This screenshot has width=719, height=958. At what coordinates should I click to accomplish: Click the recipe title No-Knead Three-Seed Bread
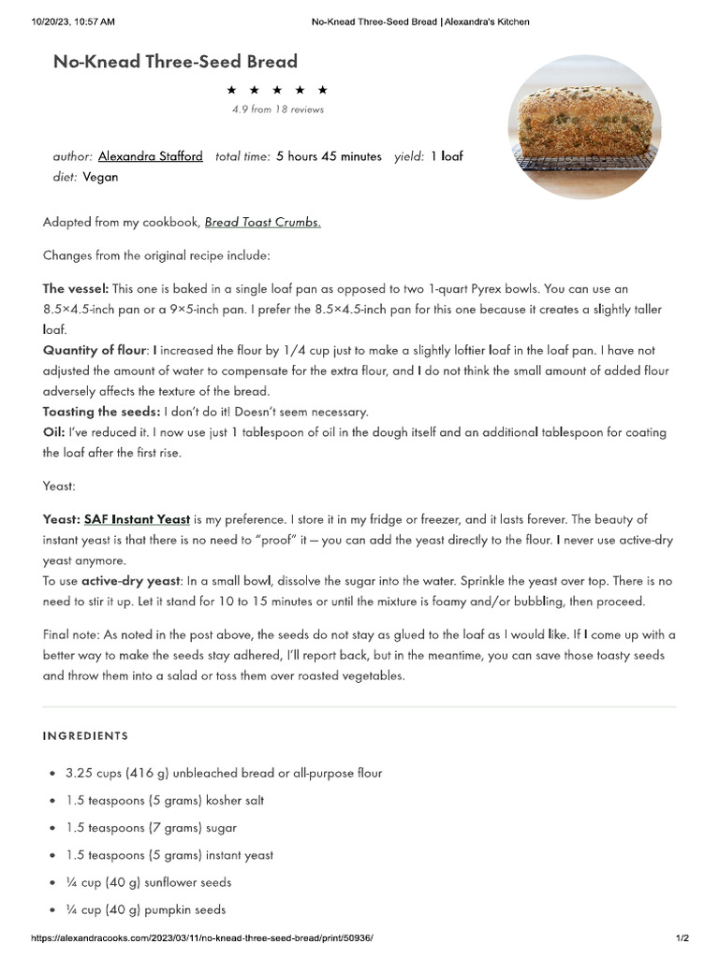click(x=175, y=62)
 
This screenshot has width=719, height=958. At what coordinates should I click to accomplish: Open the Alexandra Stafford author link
click(x=150, y=156)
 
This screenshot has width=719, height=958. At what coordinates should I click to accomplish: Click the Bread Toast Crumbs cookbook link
click(x=262, y=223)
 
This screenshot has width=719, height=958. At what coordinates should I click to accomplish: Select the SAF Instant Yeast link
click(x=137, y=518)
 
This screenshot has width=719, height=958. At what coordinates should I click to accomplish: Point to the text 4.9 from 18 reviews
click(x=278, y=109)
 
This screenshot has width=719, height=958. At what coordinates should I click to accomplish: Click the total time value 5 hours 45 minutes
click(x=329, y=156)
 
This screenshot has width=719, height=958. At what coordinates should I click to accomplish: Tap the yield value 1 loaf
click(x=447, y=156)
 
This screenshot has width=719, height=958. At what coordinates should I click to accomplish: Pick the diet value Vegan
click(x=100, y=176)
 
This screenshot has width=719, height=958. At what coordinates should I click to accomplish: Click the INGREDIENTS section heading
click(x=85, y=736)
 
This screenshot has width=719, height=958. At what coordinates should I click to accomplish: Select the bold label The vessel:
click(x=76, y=288)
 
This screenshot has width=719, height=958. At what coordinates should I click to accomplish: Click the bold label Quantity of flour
click(x=94, y=350)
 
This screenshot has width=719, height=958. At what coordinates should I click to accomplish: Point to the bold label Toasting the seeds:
click(x=101, y=412)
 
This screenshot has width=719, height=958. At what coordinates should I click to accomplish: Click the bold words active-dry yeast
click(x=129, y=581)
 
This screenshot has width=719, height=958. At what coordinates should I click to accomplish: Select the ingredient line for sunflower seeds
click(x=148, y=882)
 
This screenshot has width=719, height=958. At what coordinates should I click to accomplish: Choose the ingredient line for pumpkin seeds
click(x=145, y=909)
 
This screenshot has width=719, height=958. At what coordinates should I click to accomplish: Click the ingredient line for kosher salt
click(x=165, y=801)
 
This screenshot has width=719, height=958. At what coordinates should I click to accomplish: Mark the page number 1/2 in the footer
click(x=682, y=938)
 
